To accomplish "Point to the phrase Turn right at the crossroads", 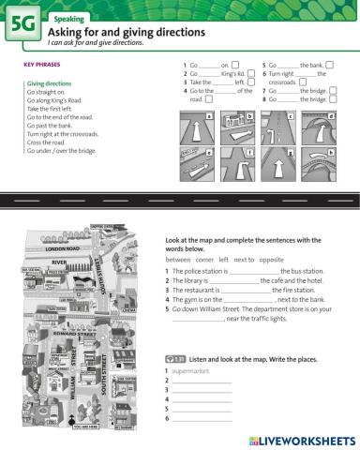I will pos(64,133).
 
